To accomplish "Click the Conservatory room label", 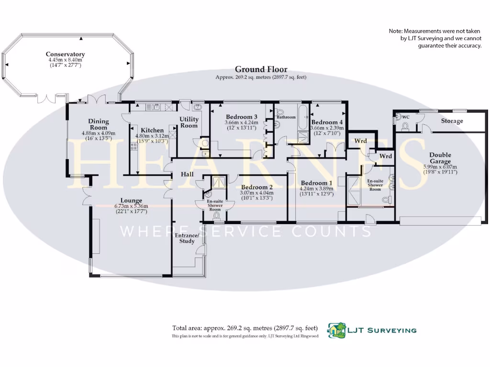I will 66,54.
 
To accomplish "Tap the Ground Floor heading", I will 261,69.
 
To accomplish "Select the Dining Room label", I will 99,125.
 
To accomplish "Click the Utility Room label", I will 189,122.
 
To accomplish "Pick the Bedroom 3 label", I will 242,117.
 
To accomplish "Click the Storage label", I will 452,121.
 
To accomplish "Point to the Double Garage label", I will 440,158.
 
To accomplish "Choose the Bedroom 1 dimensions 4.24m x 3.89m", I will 316,188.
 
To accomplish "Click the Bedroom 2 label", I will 257,187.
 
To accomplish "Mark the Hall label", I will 187,174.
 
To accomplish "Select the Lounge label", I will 131,201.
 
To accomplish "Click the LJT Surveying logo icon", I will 336,330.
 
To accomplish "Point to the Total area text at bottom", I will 245,328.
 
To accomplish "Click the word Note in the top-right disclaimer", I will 396,31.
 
